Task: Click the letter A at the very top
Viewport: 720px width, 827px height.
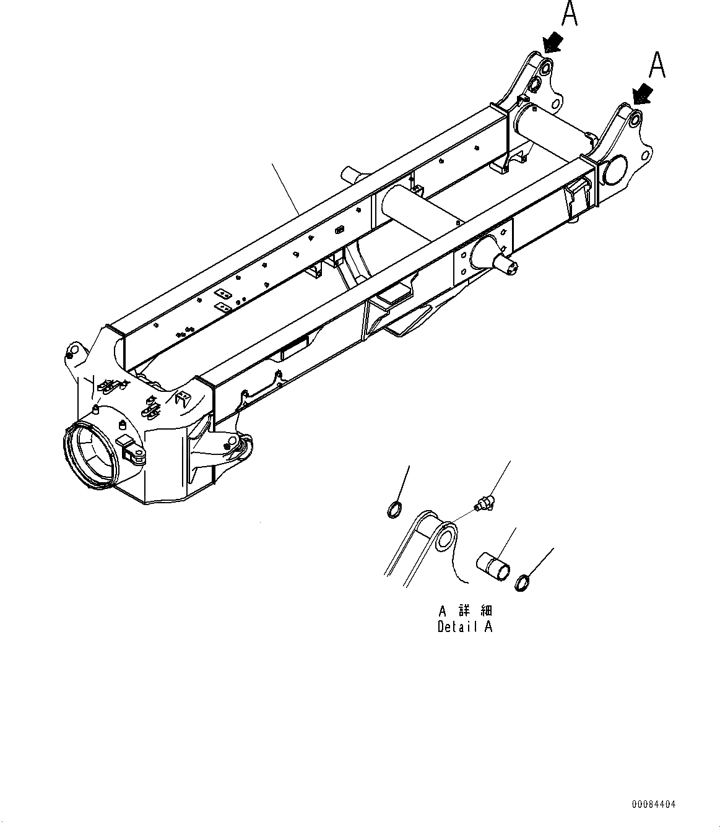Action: coord(569,13)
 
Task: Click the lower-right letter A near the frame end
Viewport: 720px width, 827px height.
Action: coord(657,64)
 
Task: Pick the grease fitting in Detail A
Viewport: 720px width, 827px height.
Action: coord(484,504)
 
